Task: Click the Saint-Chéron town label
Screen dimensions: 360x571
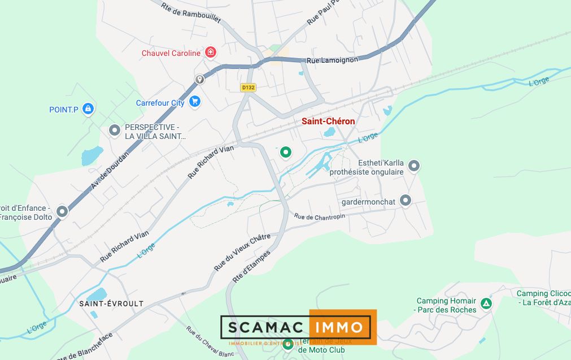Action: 328,122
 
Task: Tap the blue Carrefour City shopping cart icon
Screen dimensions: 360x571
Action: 195,102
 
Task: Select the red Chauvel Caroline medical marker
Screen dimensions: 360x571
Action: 211,53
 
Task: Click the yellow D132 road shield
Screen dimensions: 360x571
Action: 248,88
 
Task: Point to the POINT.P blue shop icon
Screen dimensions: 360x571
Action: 88,109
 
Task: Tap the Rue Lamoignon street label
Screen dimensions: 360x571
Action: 332,60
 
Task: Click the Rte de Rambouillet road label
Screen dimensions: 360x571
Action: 190,12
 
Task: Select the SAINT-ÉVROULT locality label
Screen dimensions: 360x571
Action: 111,303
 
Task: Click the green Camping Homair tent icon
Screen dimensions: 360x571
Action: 486,304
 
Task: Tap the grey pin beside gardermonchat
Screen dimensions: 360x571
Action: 406,200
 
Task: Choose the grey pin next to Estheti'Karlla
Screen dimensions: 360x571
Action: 414,166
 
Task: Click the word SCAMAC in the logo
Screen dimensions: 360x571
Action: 264,327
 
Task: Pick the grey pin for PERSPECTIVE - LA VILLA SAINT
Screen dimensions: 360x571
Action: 114,131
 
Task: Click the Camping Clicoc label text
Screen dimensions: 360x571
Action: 540,293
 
